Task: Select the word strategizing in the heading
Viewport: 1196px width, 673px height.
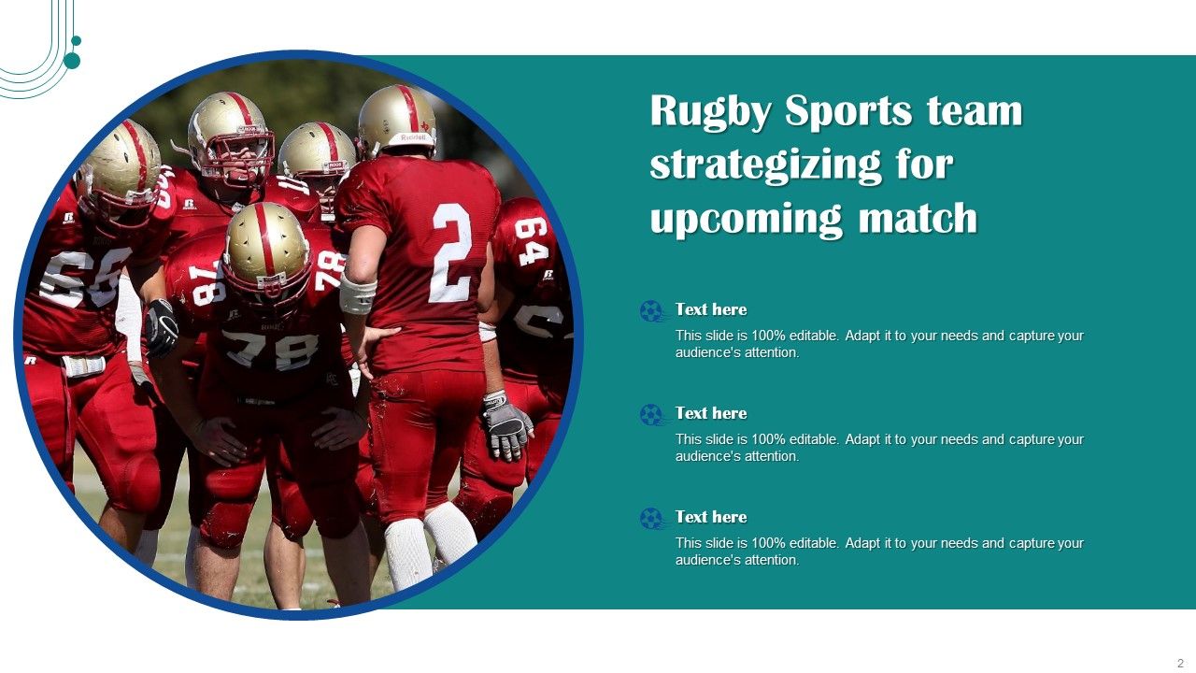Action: (765, 165)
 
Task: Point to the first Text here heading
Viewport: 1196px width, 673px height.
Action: (711, 309)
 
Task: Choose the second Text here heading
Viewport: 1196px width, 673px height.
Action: (711, 413)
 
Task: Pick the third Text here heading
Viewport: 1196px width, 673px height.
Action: (711, 517)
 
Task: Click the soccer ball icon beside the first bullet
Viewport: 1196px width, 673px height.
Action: (651, 310)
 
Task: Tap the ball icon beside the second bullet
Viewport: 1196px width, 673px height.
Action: (651, 414)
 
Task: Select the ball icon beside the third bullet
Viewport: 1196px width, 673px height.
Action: (651, 518)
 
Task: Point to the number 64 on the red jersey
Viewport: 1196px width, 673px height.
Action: (533, 239)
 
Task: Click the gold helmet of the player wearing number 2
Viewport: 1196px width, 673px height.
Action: (397, 120)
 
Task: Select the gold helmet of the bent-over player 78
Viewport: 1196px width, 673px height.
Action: (266, 248)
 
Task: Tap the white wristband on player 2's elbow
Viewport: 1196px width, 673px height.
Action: (357, 294)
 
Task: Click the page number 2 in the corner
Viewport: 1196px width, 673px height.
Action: (1180, 663)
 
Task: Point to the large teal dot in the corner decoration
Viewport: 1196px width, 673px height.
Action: (72, 61)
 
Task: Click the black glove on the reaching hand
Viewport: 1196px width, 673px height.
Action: (162, 326)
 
